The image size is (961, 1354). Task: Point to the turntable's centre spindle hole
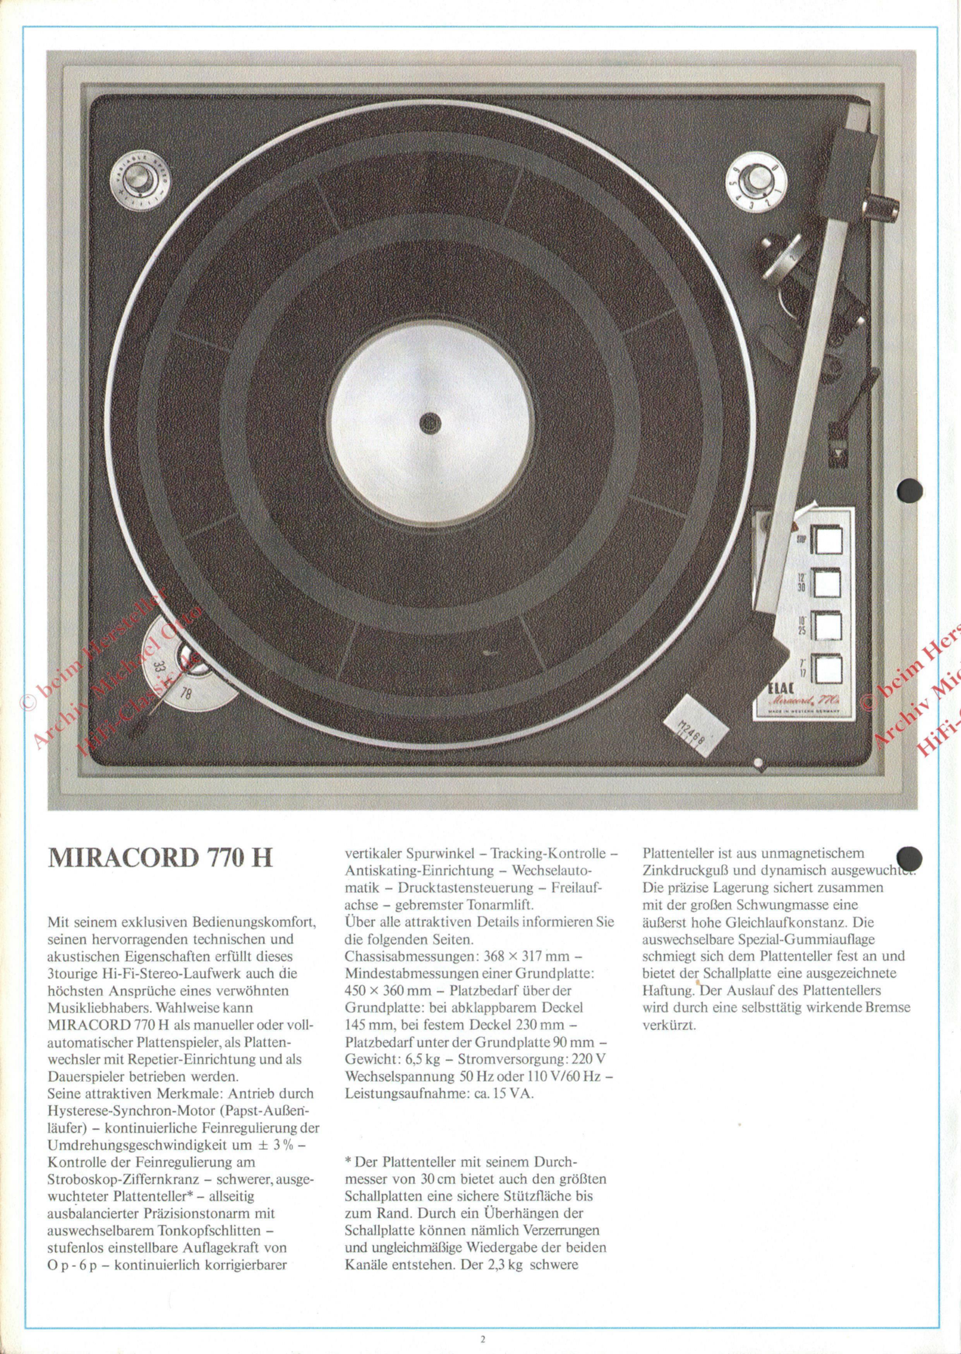(x=430, y=422)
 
